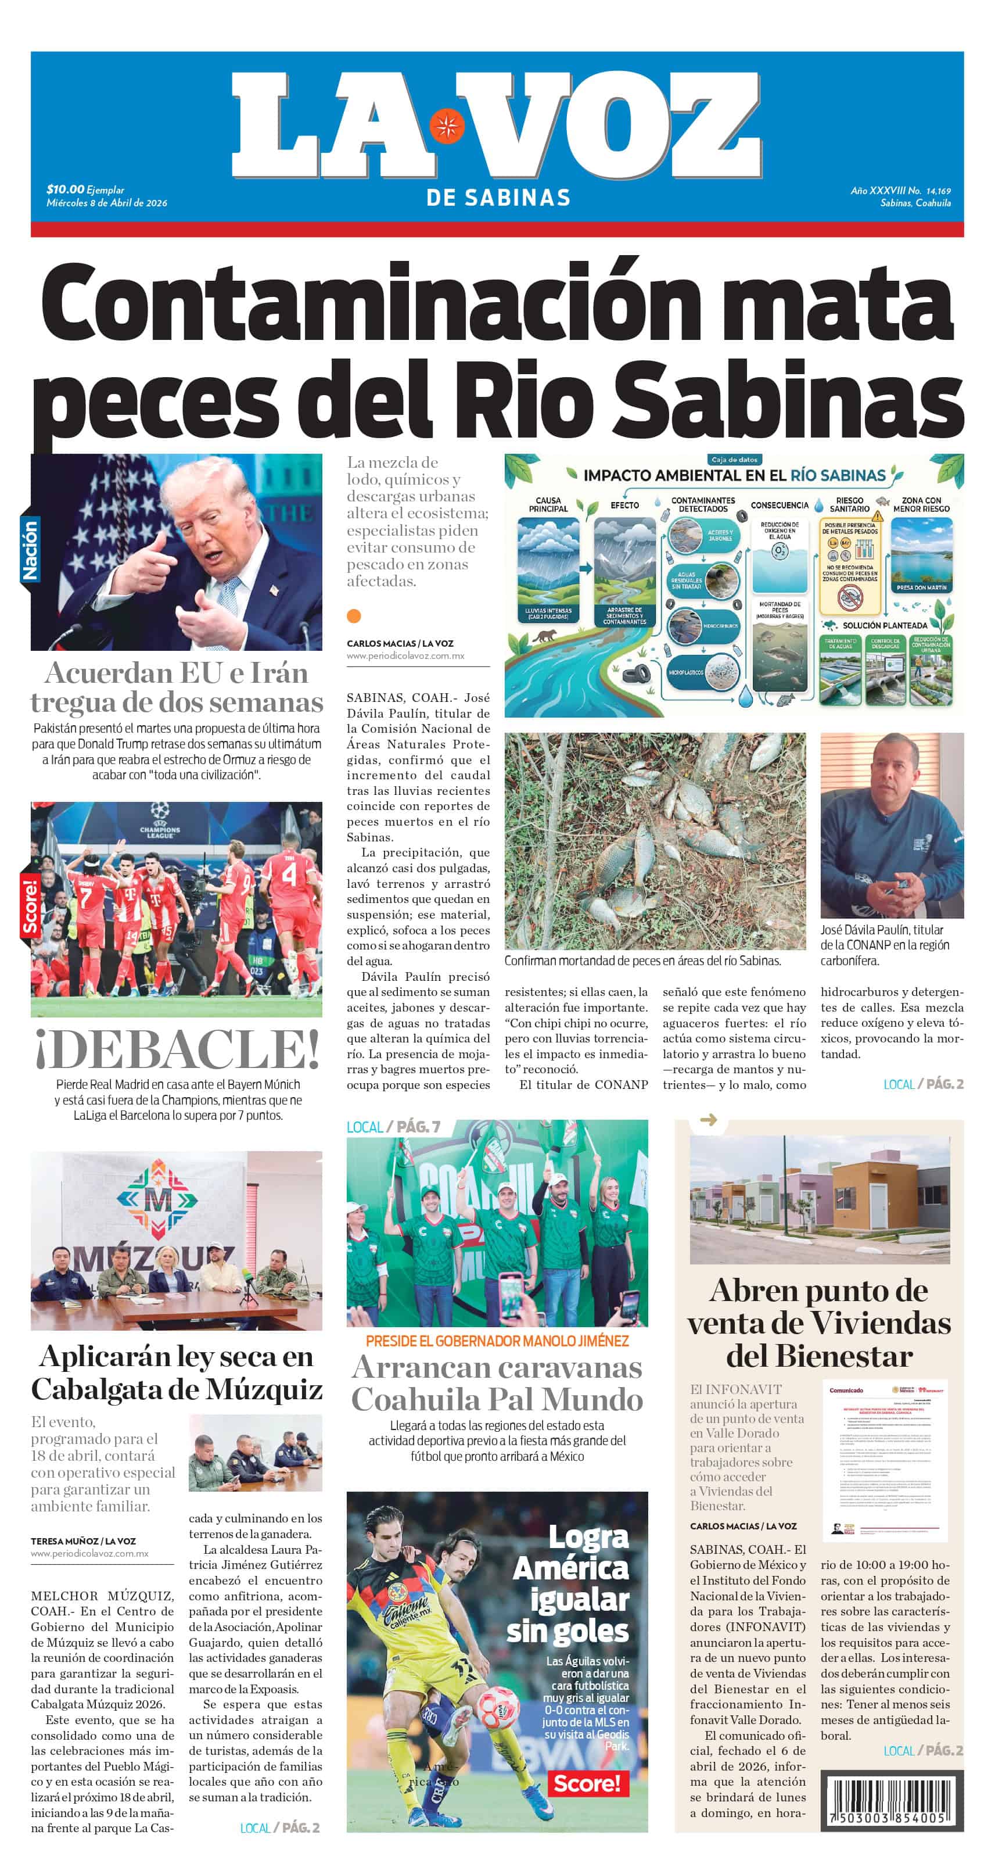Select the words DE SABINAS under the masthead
click(498, 197)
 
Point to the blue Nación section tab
click(30, 550)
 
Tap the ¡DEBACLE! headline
click(177, 1048)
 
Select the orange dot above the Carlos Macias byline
click(354, 616)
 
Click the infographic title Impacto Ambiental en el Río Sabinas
click(735, 476)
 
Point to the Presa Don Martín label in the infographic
click(922, 587)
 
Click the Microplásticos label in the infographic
click(686, 672)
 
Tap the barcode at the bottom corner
click(892, 1801)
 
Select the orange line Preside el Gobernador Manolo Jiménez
click(497, 1340)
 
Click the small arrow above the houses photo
click(707, 1120)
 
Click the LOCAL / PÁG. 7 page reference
click(393, 1127)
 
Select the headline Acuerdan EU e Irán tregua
click(177, 687)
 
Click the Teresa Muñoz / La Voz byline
click(83, 1541)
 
